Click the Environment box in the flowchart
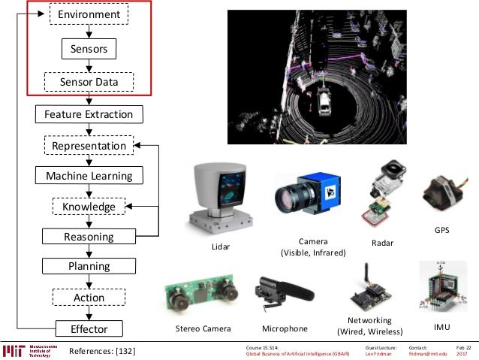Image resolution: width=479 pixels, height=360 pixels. pyautogui.click(x=89, y=14)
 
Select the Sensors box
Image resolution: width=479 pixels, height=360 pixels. pyautogui.click(x=89, y=50)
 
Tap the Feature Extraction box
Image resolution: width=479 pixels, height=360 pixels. pyautogui.click(x=89, y=114)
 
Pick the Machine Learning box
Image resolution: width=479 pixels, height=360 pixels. pyautogui.click(x=89, y=176)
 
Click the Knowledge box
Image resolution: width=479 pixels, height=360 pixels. pyautogui.click(x=89, y=206)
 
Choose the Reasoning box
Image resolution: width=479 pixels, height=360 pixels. pyautogui.click(x=89, y=237)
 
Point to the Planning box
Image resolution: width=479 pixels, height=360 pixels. pyautogui.click(x=89, y=266)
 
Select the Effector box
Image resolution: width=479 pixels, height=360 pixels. pyautogui.click(x=89, y=328)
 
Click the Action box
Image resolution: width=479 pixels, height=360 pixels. pyautogui.click(x=89, y=298)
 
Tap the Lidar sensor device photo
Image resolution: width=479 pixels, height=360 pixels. pyautogui.click(x=218, y=195)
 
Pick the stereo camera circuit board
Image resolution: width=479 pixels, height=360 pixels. pyautogui.click(x=198, y=296)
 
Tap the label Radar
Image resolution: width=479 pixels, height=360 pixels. pyautogui.click(x=383, y=244)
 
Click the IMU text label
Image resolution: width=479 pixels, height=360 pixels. pyautogui.click(x=442, y=328)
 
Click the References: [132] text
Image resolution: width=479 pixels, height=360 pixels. pyautogui.click(x=102, y=351)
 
